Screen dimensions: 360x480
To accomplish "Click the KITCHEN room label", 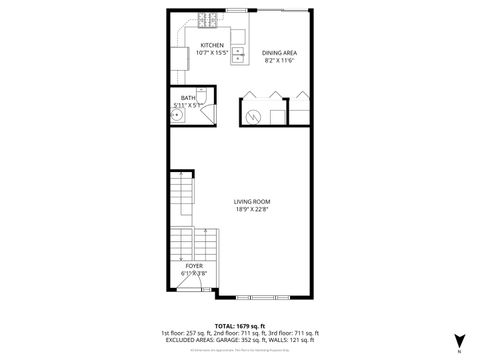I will pos(212,45).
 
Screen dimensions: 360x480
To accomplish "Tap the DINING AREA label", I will pos(279,52).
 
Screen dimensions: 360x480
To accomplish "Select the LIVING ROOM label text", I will pos(251,202).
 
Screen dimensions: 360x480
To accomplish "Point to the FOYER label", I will pos(193,266).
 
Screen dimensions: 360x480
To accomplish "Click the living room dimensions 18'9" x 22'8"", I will pos(251,210).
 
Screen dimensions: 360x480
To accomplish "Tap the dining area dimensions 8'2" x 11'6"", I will pos(279,60).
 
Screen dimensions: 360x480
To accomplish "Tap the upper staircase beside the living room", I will pos(181,200).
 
